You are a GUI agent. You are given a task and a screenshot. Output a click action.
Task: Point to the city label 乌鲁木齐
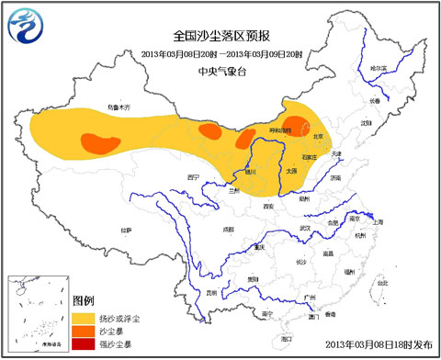tap(119, 107)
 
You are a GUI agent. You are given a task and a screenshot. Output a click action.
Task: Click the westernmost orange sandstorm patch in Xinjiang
tap(100, 142)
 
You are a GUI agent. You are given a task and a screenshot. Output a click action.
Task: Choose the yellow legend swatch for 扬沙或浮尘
tap(85, 317)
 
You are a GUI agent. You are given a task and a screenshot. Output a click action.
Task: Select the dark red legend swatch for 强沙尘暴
tap(85, 343)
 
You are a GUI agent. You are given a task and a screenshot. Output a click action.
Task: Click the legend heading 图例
tap(84, 301)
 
